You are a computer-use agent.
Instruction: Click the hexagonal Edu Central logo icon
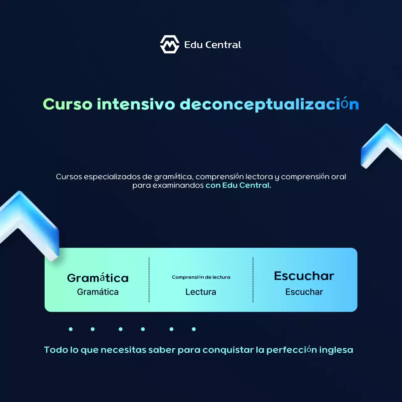coord(170,44)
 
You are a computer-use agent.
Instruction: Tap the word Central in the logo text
coord(223,45)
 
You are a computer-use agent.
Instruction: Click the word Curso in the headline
coord(68,104)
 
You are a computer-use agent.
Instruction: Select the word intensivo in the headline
coord(136,104)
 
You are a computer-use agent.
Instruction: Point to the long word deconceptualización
coord(269,104)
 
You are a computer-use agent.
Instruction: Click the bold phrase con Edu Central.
coord(238,185)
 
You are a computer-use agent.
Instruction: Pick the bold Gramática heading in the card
coord(98,278)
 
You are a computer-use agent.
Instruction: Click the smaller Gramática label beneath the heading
coord(98,292)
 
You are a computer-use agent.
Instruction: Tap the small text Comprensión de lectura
coord(201,277)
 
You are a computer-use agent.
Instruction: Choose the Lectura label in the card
coord(201,292)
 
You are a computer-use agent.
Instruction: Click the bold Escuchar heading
coord(304,276)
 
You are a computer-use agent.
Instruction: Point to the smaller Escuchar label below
coord(304,292)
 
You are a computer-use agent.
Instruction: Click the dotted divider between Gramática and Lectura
coord(149,280)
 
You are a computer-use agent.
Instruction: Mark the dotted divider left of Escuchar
coord(253,280)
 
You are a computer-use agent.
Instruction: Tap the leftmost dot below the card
coord(71,329)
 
